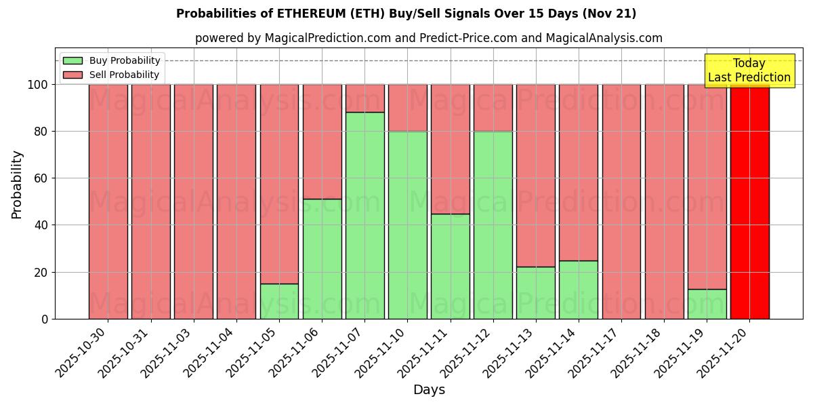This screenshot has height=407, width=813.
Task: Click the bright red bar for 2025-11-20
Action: pyautogui.click(x=749, y=201)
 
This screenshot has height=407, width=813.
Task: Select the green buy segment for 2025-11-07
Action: pyautogui.click(x=364, y=216)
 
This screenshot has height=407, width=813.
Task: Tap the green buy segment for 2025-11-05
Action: pyautogui.click(x=279, y=301)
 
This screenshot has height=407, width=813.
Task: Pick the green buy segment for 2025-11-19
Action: pyautogui.click(x=707, y=304)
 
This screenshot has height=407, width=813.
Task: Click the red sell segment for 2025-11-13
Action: pyautogui.click(x=535, y=176)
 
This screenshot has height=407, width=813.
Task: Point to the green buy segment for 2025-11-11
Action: pyautogui.click(x=450, y=267)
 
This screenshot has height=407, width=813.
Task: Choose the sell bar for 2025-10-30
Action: pyautogui.click(x=108, y=201)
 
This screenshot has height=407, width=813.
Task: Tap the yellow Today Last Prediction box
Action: pyautogui.click(x=749, y=71)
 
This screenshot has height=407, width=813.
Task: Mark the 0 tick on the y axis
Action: pyautogui.click(x=45, y=319)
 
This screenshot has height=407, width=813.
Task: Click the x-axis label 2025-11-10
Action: pyautogui.click(x=379, y=353)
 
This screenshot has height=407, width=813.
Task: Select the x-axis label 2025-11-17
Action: pyautogui.click(x=593, y=353)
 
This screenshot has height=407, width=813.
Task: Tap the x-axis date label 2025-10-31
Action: pyautogui.click(x=123, y=353)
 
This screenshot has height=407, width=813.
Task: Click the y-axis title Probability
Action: pyautogui.click(x=17, y=184)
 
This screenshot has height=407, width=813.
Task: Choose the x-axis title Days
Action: pyautogui.click(x=429, y=390)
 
